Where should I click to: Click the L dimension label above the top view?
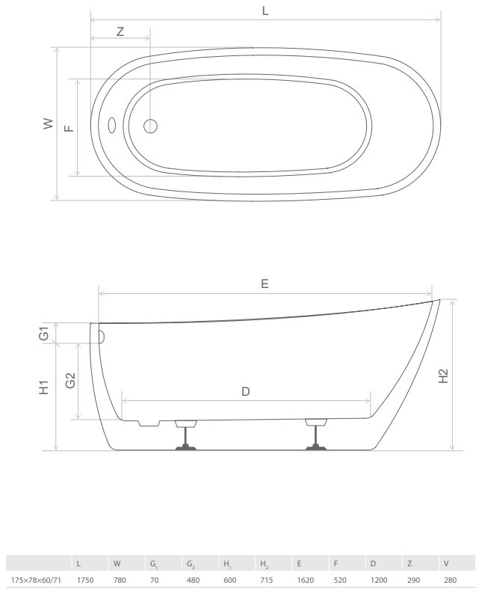coord(265,10)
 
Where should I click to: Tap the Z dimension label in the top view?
coord(120,31)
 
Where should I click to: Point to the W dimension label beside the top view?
coord(49,123)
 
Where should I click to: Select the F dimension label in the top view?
coord(69,129)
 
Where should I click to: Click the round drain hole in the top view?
coord(151,126)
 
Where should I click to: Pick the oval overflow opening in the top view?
coord(112,125)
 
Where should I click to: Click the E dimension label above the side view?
coord(265,284)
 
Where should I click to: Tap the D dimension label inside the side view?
coord(246,391)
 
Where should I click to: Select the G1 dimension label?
coord(44,333)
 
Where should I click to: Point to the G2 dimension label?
coord(70,380)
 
